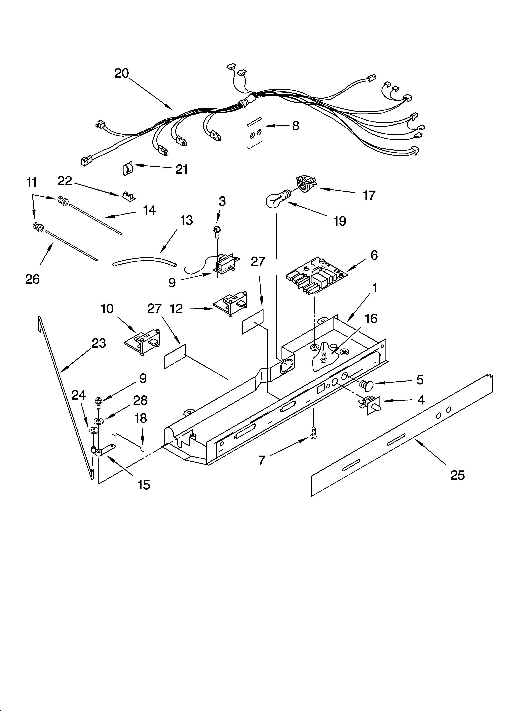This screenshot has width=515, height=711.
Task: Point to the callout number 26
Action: [x=32, y=279]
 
